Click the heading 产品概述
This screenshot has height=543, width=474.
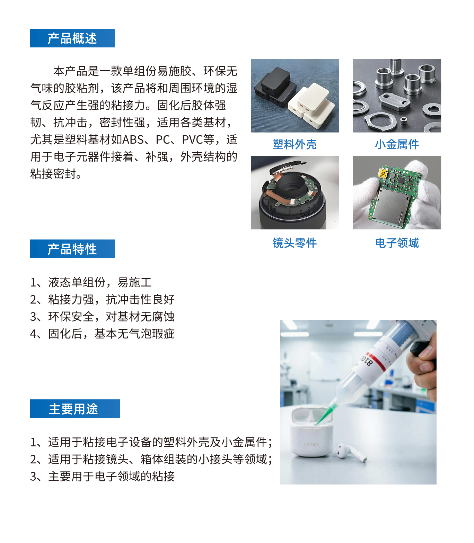(72, 38)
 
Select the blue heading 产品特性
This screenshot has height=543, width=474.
(72, 249)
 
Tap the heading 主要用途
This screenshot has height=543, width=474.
(73, 409)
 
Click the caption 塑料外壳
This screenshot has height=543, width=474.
(295, 144)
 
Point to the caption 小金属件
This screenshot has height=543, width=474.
(397, 144)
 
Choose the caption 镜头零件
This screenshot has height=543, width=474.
(295, 243)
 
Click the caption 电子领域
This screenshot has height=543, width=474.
(397, 243)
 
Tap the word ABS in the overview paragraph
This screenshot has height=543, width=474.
(133, 140)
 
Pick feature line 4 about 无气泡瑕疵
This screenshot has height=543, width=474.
(103, 334)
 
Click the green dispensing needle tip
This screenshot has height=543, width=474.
(316, 423)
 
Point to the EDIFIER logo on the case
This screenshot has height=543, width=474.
(311, 445)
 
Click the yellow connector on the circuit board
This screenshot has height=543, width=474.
(383, 172)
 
